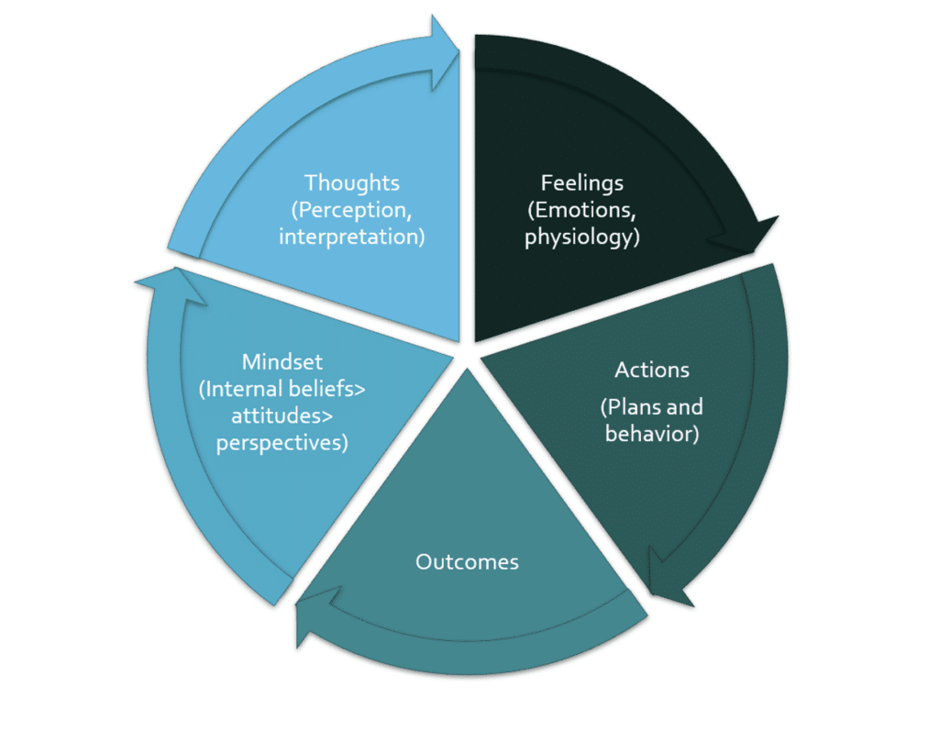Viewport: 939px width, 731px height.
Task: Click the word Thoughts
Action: (352, 183)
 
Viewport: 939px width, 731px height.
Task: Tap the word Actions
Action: (652, 371)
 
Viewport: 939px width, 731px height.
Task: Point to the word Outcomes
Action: (467, 561)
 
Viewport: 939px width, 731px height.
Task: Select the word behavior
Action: (652, 432)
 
